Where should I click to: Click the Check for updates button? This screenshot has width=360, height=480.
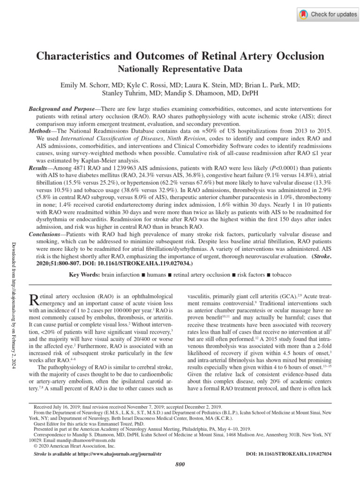point(328,14)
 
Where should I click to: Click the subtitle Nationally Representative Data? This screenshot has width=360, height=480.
point(180,69)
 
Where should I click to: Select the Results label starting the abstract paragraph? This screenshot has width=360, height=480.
point(39,166)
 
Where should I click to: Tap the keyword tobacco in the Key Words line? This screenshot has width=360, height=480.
point(278,274)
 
